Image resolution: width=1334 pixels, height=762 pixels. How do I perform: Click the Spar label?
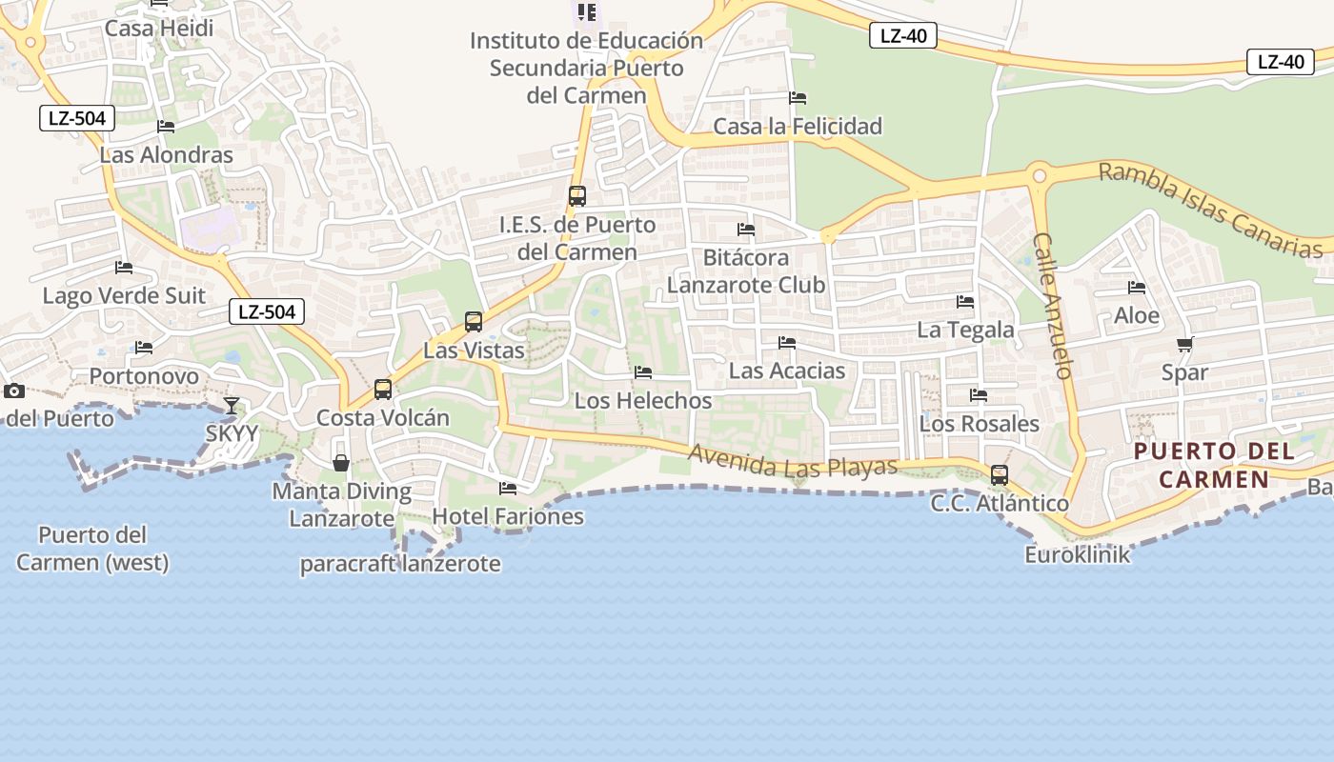(1184, 373)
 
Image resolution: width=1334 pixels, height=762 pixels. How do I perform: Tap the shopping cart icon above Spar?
(1184, 344)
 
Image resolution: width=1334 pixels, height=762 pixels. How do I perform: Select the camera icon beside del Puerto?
(13, 391)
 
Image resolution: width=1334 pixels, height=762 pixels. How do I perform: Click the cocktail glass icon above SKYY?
(232, 406)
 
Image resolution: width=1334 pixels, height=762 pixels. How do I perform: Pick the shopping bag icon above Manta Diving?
(341, 463)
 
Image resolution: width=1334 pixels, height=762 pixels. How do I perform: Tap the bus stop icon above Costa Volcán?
(383, 389)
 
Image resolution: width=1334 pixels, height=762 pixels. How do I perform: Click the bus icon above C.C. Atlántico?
(999, 474)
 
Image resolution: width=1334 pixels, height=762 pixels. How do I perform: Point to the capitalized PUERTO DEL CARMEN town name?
(1214, 464)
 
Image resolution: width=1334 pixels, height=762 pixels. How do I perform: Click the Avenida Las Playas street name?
(793, 462)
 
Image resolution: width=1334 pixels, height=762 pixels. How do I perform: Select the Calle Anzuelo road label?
(1053, 305)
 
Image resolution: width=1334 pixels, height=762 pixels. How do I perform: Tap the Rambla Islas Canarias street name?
(1210, 211)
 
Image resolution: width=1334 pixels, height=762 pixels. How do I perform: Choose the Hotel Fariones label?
(508, 516)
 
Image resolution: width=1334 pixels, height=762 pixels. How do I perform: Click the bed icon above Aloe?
(1136, 287)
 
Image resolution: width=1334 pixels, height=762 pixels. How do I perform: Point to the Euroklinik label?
(1077, 554)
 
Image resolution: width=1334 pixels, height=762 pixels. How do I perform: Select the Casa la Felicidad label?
(798, 126)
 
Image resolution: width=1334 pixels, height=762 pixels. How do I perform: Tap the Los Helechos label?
(643, 401)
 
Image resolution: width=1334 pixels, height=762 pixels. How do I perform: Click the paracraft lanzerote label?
(400, 564)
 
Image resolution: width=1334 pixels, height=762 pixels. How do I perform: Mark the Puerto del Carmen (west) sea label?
(92, 549)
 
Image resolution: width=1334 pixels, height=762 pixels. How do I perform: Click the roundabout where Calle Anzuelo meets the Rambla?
(1039, 175)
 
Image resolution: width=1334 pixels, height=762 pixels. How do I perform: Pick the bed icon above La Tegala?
(965, 302)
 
